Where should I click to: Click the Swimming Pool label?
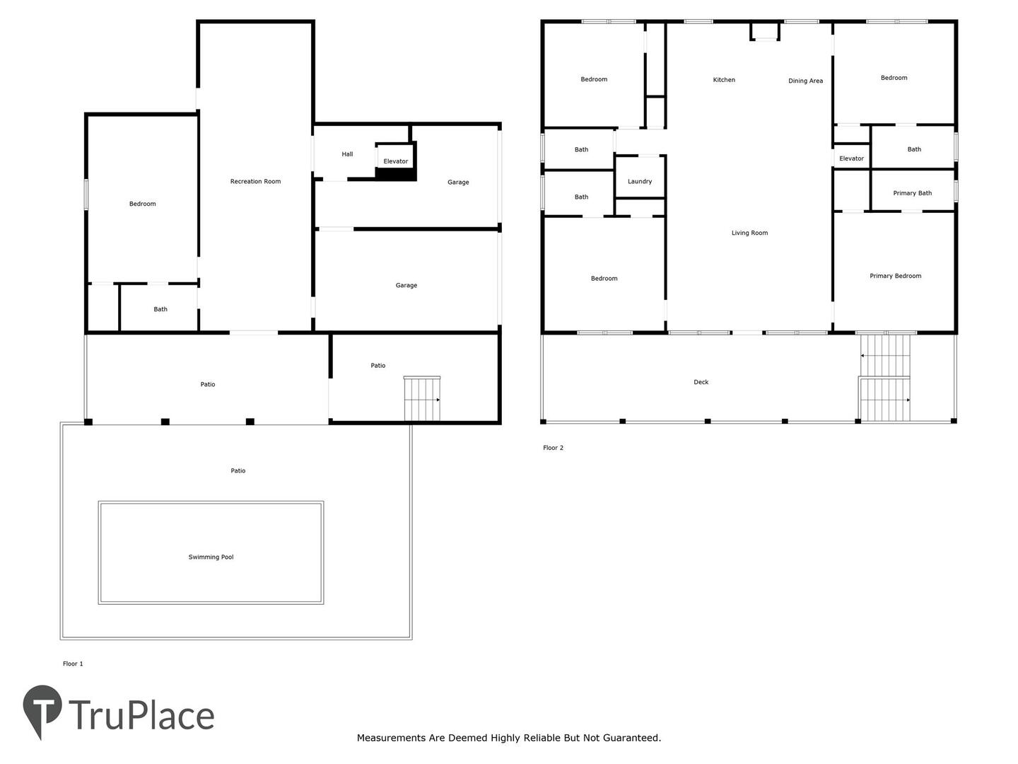pyautogui.click(x=211, y=557)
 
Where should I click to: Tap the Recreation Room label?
pyautogui.click(x=255, y=181)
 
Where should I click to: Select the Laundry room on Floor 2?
pyautogui.click(x=640, y=177)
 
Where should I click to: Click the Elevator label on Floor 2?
pyautogui.click(x=851, y=158)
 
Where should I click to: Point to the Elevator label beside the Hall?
pyautogui.click(x=395, y=161)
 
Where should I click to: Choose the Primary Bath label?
pyautogui.click(x=912, y=193)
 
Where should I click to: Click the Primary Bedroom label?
pyautogui.click(x=895, y=276)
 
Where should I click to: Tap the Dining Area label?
pyautogui.click(x=805, y=81)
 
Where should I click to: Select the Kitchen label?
pyautogui.click(x=723, y=80)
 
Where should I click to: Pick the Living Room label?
pyautogui.click(x=749, y=233)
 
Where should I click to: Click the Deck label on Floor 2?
pyautogui.click(x=701, y=382)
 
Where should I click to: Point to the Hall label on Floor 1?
pyautogui.click(x=347, y=154)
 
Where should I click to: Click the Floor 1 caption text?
pyautogui.click(x=73, y=664)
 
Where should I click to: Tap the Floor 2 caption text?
pyautogui.click(x=553, y=448)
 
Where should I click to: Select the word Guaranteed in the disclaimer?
pyautogui.click(x=632, y=738)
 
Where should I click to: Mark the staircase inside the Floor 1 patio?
pyautogui.click(x=421, y=398)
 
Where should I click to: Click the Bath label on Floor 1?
pyautogui.click(x=160, y=309)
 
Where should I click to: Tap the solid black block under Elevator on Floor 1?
pyautogui.click(x=395, y=174)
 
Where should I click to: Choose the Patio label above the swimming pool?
pyautogui.click(x=238, y=470)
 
